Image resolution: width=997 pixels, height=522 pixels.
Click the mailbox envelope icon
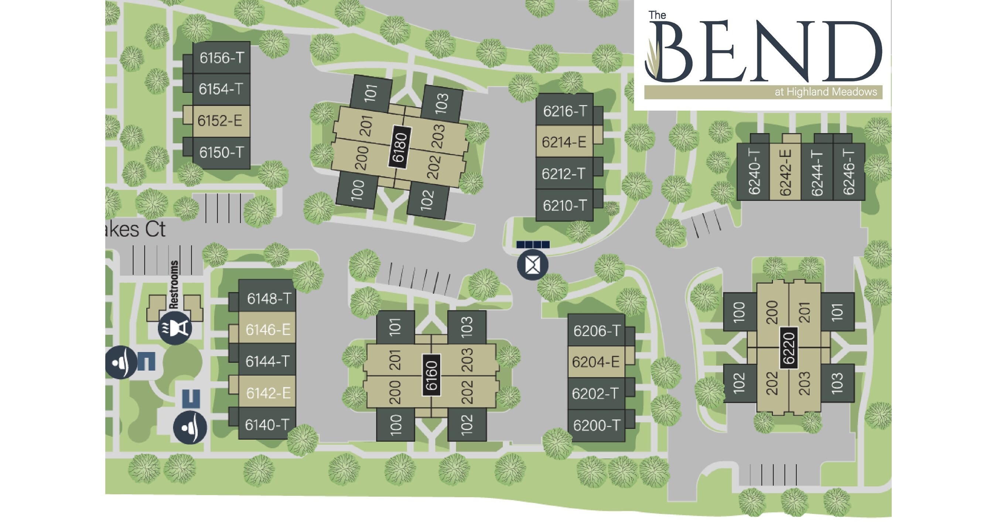(533, 265)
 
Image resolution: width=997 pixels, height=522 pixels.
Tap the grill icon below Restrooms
(175, 328)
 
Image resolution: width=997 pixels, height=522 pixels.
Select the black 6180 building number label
(399, 147)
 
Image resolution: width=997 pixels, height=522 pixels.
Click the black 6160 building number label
(431, 375)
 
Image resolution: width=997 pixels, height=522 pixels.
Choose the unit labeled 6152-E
(220, 121)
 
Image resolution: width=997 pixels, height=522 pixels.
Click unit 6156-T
(221, 58)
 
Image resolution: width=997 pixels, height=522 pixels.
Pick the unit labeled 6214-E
(564, 142)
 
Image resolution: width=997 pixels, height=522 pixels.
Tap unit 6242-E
(785, 172)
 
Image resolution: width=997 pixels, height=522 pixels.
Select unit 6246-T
(849, 172)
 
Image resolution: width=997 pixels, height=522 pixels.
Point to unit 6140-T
(267, 425)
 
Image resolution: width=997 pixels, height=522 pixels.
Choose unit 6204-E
(595, 362)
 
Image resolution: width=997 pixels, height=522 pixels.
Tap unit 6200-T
(596, 425)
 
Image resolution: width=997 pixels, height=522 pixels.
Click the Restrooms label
(174, 284)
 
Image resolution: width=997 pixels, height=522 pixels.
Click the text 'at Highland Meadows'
(826, 92)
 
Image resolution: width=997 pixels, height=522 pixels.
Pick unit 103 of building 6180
(441, 103)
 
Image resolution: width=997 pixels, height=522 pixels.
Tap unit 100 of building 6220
(739, 312)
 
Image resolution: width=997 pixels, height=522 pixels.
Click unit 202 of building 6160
(467, 392)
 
